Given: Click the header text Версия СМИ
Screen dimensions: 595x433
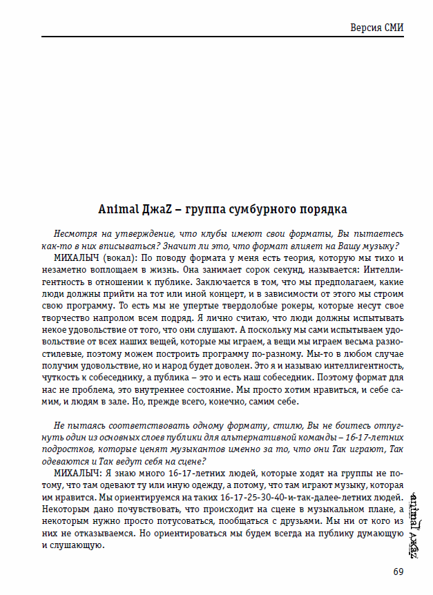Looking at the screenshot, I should click(377, 28).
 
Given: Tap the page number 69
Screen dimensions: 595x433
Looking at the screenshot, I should click(398, 570).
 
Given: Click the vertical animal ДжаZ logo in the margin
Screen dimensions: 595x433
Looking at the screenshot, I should click(412, 525).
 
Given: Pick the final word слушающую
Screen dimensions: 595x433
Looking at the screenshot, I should click(79, 550).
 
